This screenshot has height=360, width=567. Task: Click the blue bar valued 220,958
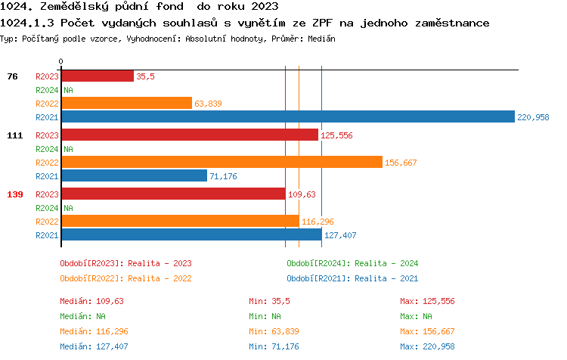tap(287, 117)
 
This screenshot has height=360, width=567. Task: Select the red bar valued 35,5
tap(97, 76)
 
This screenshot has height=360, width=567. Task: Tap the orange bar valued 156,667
tap(222, 163)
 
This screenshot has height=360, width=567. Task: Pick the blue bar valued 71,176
tap(134, 176)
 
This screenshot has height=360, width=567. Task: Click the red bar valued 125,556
tap(189, 135)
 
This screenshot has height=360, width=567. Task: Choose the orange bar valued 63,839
tap(126, 104)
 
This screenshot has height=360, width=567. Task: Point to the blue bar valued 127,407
tap(191, 235)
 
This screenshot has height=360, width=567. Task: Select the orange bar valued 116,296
tap(180, 222)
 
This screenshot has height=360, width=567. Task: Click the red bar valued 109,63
tap(173, 194)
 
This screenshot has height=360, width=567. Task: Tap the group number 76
tap(12, 76)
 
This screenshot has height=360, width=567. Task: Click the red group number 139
tap(15, 194)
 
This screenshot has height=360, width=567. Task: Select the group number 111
tap(15, 135)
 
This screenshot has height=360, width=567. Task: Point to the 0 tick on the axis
tap(61, 61)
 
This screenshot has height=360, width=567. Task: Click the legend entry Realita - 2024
tap(352, 263)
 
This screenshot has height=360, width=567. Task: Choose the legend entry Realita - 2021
tap(352, 278)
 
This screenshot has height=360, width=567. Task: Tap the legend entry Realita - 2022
tap(125, 278)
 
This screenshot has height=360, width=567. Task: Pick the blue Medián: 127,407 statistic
tap(91, 346)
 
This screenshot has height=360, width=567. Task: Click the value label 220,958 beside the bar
tap(533, 117)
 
